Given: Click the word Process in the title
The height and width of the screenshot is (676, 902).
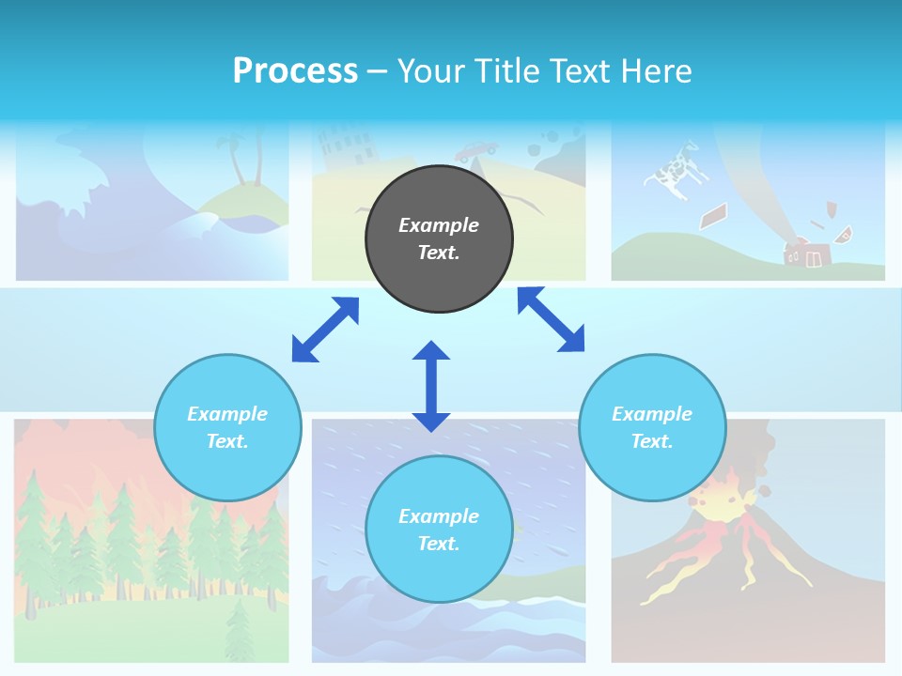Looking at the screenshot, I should coord(295,71).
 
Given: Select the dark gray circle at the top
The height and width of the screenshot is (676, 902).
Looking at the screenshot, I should coord(439,239).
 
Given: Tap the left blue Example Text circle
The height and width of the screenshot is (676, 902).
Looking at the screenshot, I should coord(227,427).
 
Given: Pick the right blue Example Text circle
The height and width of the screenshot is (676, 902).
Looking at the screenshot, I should coord(652,427).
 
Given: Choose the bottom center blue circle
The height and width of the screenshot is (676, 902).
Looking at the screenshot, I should coord(439,530).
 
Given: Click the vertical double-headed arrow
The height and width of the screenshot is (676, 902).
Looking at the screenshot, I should coord(431,386).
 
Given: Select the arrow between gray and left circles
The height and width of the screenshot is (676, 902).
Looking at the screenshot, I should coord(325,330).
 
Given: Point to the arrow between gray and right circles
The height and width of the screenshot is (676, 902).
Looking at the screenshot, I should coord(551,320).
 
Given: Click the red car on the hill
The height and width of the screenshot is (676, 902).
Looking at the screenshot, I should coord(477,149).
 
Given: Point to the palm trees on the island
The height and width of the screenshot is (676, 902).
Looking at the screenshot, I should coord(243,160).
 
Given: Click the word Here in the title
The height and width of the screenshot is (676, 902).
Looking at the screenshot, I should coord(660,71).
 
